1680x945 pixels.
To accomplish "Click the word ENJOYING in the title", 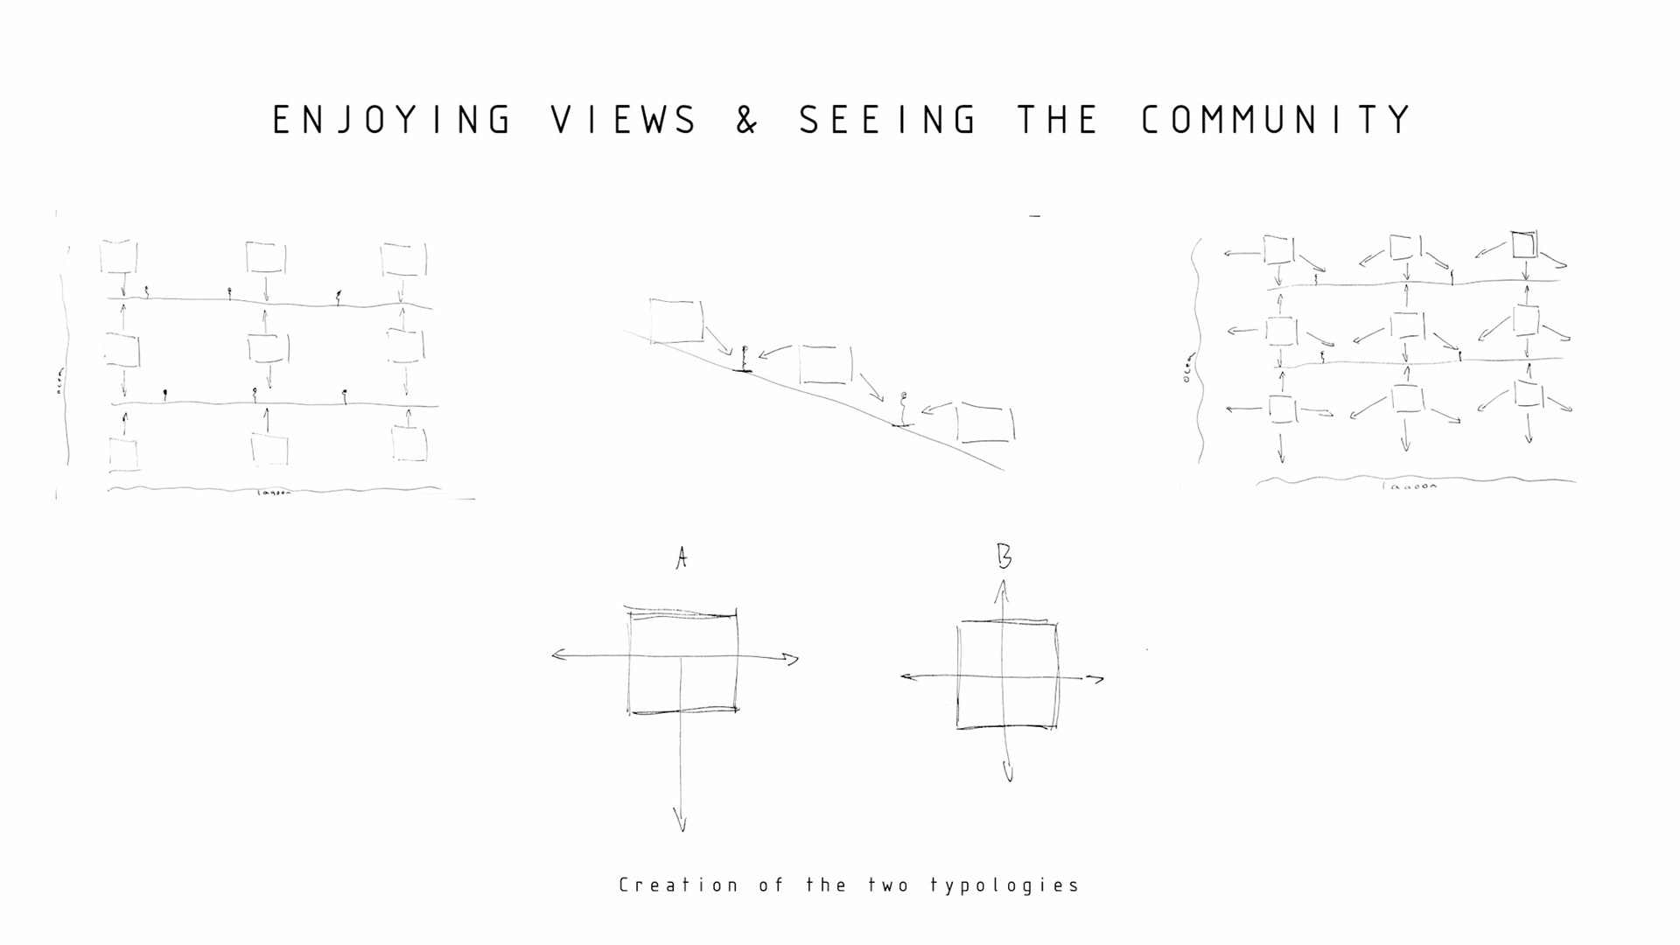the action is pyautogui.click(x=392, y=120).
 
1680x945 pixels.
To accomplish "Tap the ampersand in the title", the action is pyautogui.click(x=746, y=120).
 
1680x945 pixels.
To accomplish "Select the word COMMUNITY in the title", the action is pyautogui.click(x=1277, y=120).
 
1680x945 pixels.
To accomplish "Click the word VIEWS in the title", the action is pyautogui.click(x=625, y=120).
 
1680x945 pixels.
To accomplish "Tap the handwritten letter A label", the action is pyautogui.click(x=682, y=558).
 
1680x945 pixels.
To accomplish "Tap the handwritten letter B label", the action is pyautogui.click(x=1004, y=556).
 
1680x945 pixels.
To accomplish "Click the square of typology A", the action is pyautogui.click(x=682, y=662).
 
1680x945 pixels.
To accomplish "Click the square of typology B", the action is pyautogui.click(x=1007, y=675).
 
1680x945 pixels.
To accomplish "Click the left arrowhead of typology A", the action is pyautogui.click(x=558, y=654).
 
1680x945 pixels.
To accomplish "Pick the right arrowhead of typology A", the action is pyautogui.click(x=792, y=659).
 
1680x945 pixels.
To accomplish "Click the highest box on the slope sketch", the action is pyautogui.click(x=676, y=321).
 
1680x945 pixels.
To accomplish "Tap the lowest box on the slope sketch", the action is pyautogui.click(x=985, y=423).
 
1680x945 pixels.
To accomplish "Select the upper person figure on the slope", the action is pyautogui.click(x=745, y=359).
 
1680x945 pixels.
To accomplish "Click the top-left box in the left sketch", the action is pyautogui.click(x=119, y=257).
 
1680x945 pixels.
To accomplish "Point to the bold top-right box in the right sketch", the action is pyautogui.click(x=1523, y=244).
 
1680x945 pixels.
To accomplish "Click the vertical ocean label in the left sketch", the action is pyautogui.click(x=59, y=382).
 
